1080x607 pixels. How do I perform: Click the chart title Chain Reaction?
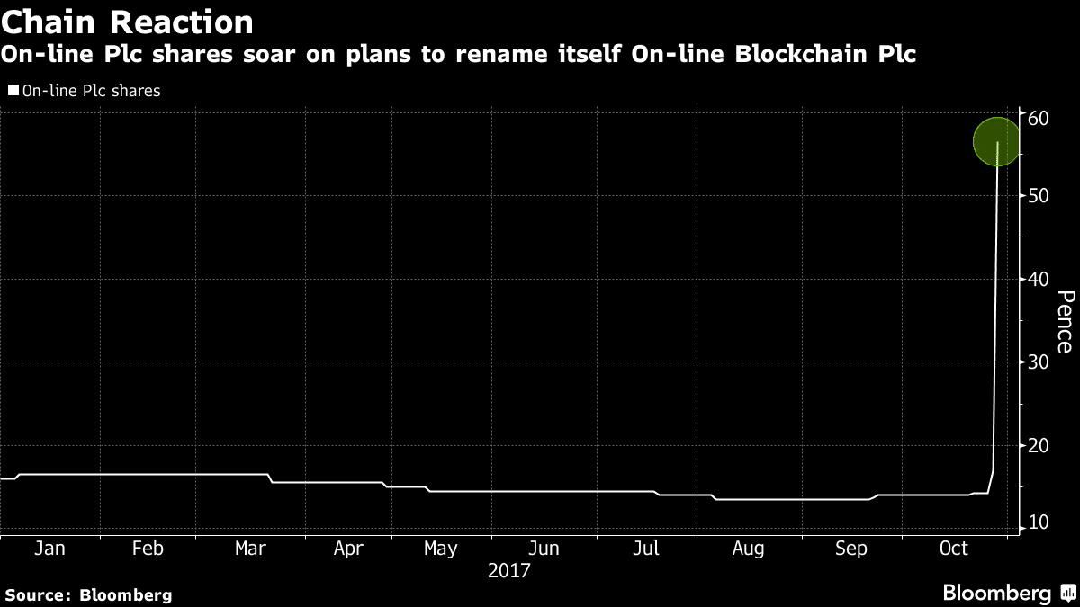point(127,21)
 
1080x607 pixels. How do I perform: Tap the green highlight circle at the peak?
point(997,142)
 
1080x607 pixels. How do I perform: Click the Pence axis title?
point(1065,321)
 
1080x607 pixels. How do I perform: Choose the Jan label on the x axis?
point(49,549)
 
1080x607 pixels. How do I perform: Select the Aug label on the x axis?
point(748,549)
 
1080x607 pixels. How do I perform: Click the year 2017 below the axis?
point(509,571)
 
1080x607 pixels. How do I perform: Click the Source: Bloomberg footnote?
point(88,594)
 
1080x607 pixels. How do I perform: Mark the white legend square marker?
point(13,90)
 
